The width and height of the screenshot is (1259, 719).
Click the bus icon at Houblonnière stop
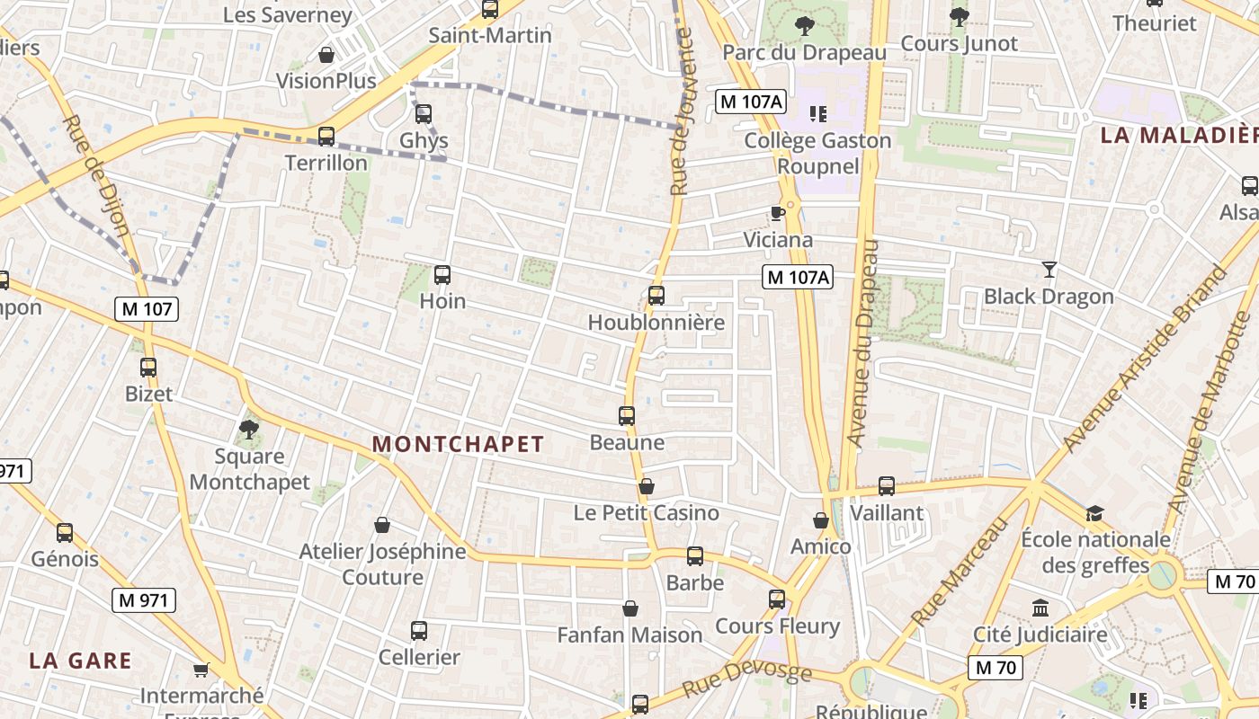[x=656, y=295]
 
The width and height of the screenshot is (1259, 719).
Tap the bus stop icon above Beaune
[x=627, y=415]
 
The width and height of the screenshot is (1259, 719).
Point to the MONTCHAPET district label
[x=458, y=444]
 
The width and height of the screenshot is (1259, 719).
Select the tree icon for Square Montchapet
[x=249, y=430]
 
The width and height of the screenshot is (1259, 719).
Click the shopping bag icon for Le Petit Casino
[x=646, y=486]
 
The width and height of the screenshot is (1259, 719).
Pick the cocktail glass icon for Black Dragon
[x=1049, y=269]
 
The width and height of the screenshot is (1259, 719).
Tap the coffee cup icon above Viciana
[x=778, y=213]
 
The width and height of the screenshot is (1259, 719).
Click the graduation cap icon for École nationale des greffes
[x=1094, y=513]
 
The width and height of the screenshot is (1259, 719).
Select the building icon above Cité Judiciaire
[x=1040, y=608]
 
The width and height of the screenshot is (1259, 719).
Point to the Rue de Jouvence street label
[x=683, y=112]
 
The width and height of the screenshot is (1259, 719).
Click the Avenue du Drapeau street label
[x=862, y=343]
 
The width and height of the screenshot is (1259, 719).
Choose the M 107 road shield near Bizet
[x=147, y=309]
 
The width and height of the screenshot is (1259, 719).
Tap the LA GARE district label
[x=80, y=661]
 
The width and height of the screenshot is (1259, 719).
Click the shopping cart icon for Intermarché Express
[x=201, y=670]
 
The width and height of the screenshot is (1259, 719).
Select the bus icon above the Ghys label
[x=424, y=114]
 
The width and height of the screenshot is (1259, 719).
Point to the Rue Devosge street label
[x=746, y=681]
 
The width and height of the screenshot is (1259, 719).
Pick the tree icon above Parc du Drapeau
[x=805, y=24]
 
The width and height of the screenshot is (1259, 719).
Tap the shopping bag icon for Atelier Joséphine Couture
[x=382, y=524]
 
